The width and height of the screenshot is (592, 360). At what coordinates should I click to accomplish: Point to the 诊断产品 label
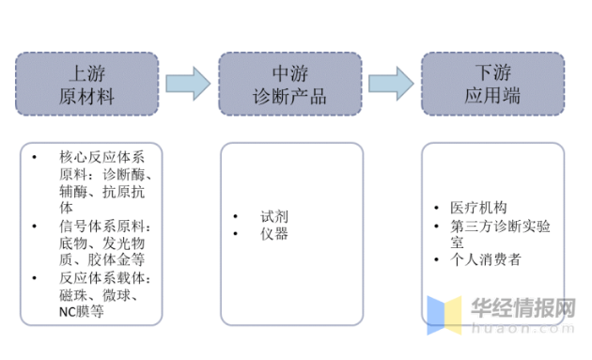pyautogui.click(x=289, y=95)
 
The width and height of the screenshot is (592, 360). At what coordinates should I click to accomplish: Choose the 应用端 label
pyautogui.click(x=491, y=95)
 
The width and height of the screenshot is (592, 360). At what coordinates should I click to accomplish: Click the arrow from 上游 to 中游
pyautogui.click(x=187, y=83)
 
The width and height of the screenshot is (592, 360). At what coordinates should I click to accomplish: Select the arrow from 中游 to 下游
pyautogui.click(x=390, y=83)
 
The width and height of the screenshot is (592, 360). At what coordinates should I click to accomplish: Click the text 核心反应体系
pyautogui.click(x=99, y=156)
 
